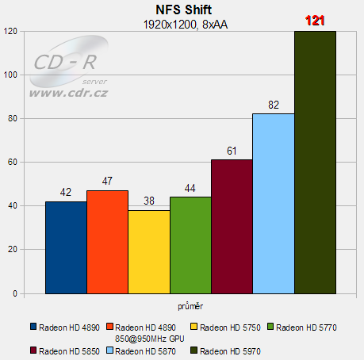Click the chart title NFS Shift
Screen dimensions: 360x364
click(x=182, y=10)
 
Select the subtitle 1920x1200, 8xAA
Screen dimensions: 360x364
click(x=182, y=24)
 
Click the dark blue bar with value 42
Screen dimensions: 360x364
click(x=66, y=247)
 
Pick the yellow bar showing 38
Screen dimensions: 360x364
click(x=148, y=251)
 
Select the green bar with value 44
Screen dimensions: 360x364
click(x=190, y=245)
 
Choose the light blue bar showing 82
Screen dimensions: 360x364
click(x=273, y=203)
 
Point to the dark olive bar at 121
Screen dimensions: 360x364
click(x=315, y=162)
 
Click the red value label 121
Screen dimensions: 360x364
click(x=315, y=21)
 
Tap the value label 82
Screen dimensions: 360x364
click(x=273, y=105)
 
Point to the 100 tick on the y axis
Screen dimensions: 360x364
click(x=11, y=75)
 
